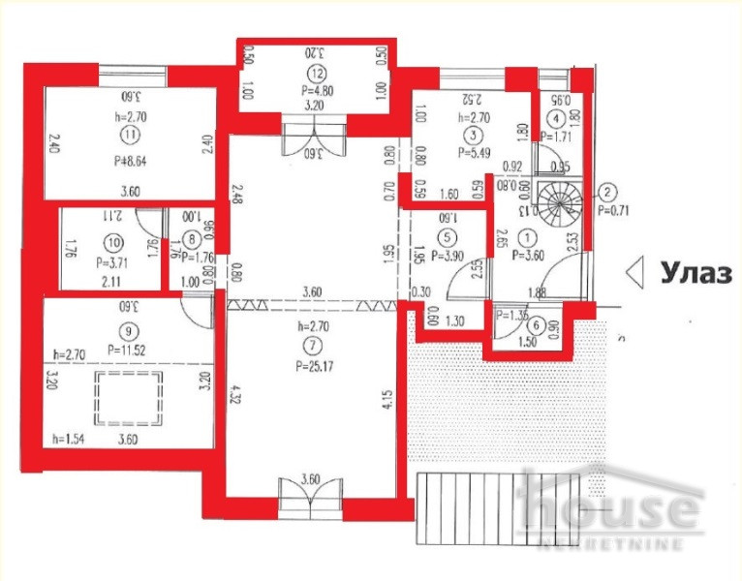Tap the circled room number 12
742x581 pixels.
tap(315, 74)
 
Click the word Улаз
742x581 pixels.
tap(696, 274)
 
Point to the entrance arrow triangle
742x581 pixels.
tap(635, 274)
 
